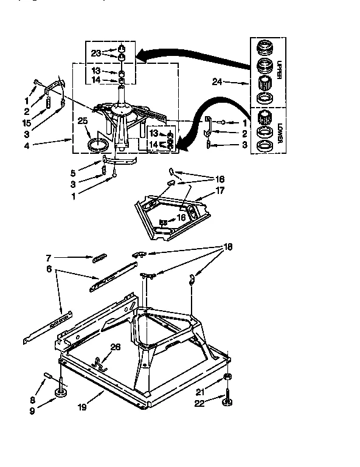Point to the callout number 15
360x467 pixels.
pos(26,122)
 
